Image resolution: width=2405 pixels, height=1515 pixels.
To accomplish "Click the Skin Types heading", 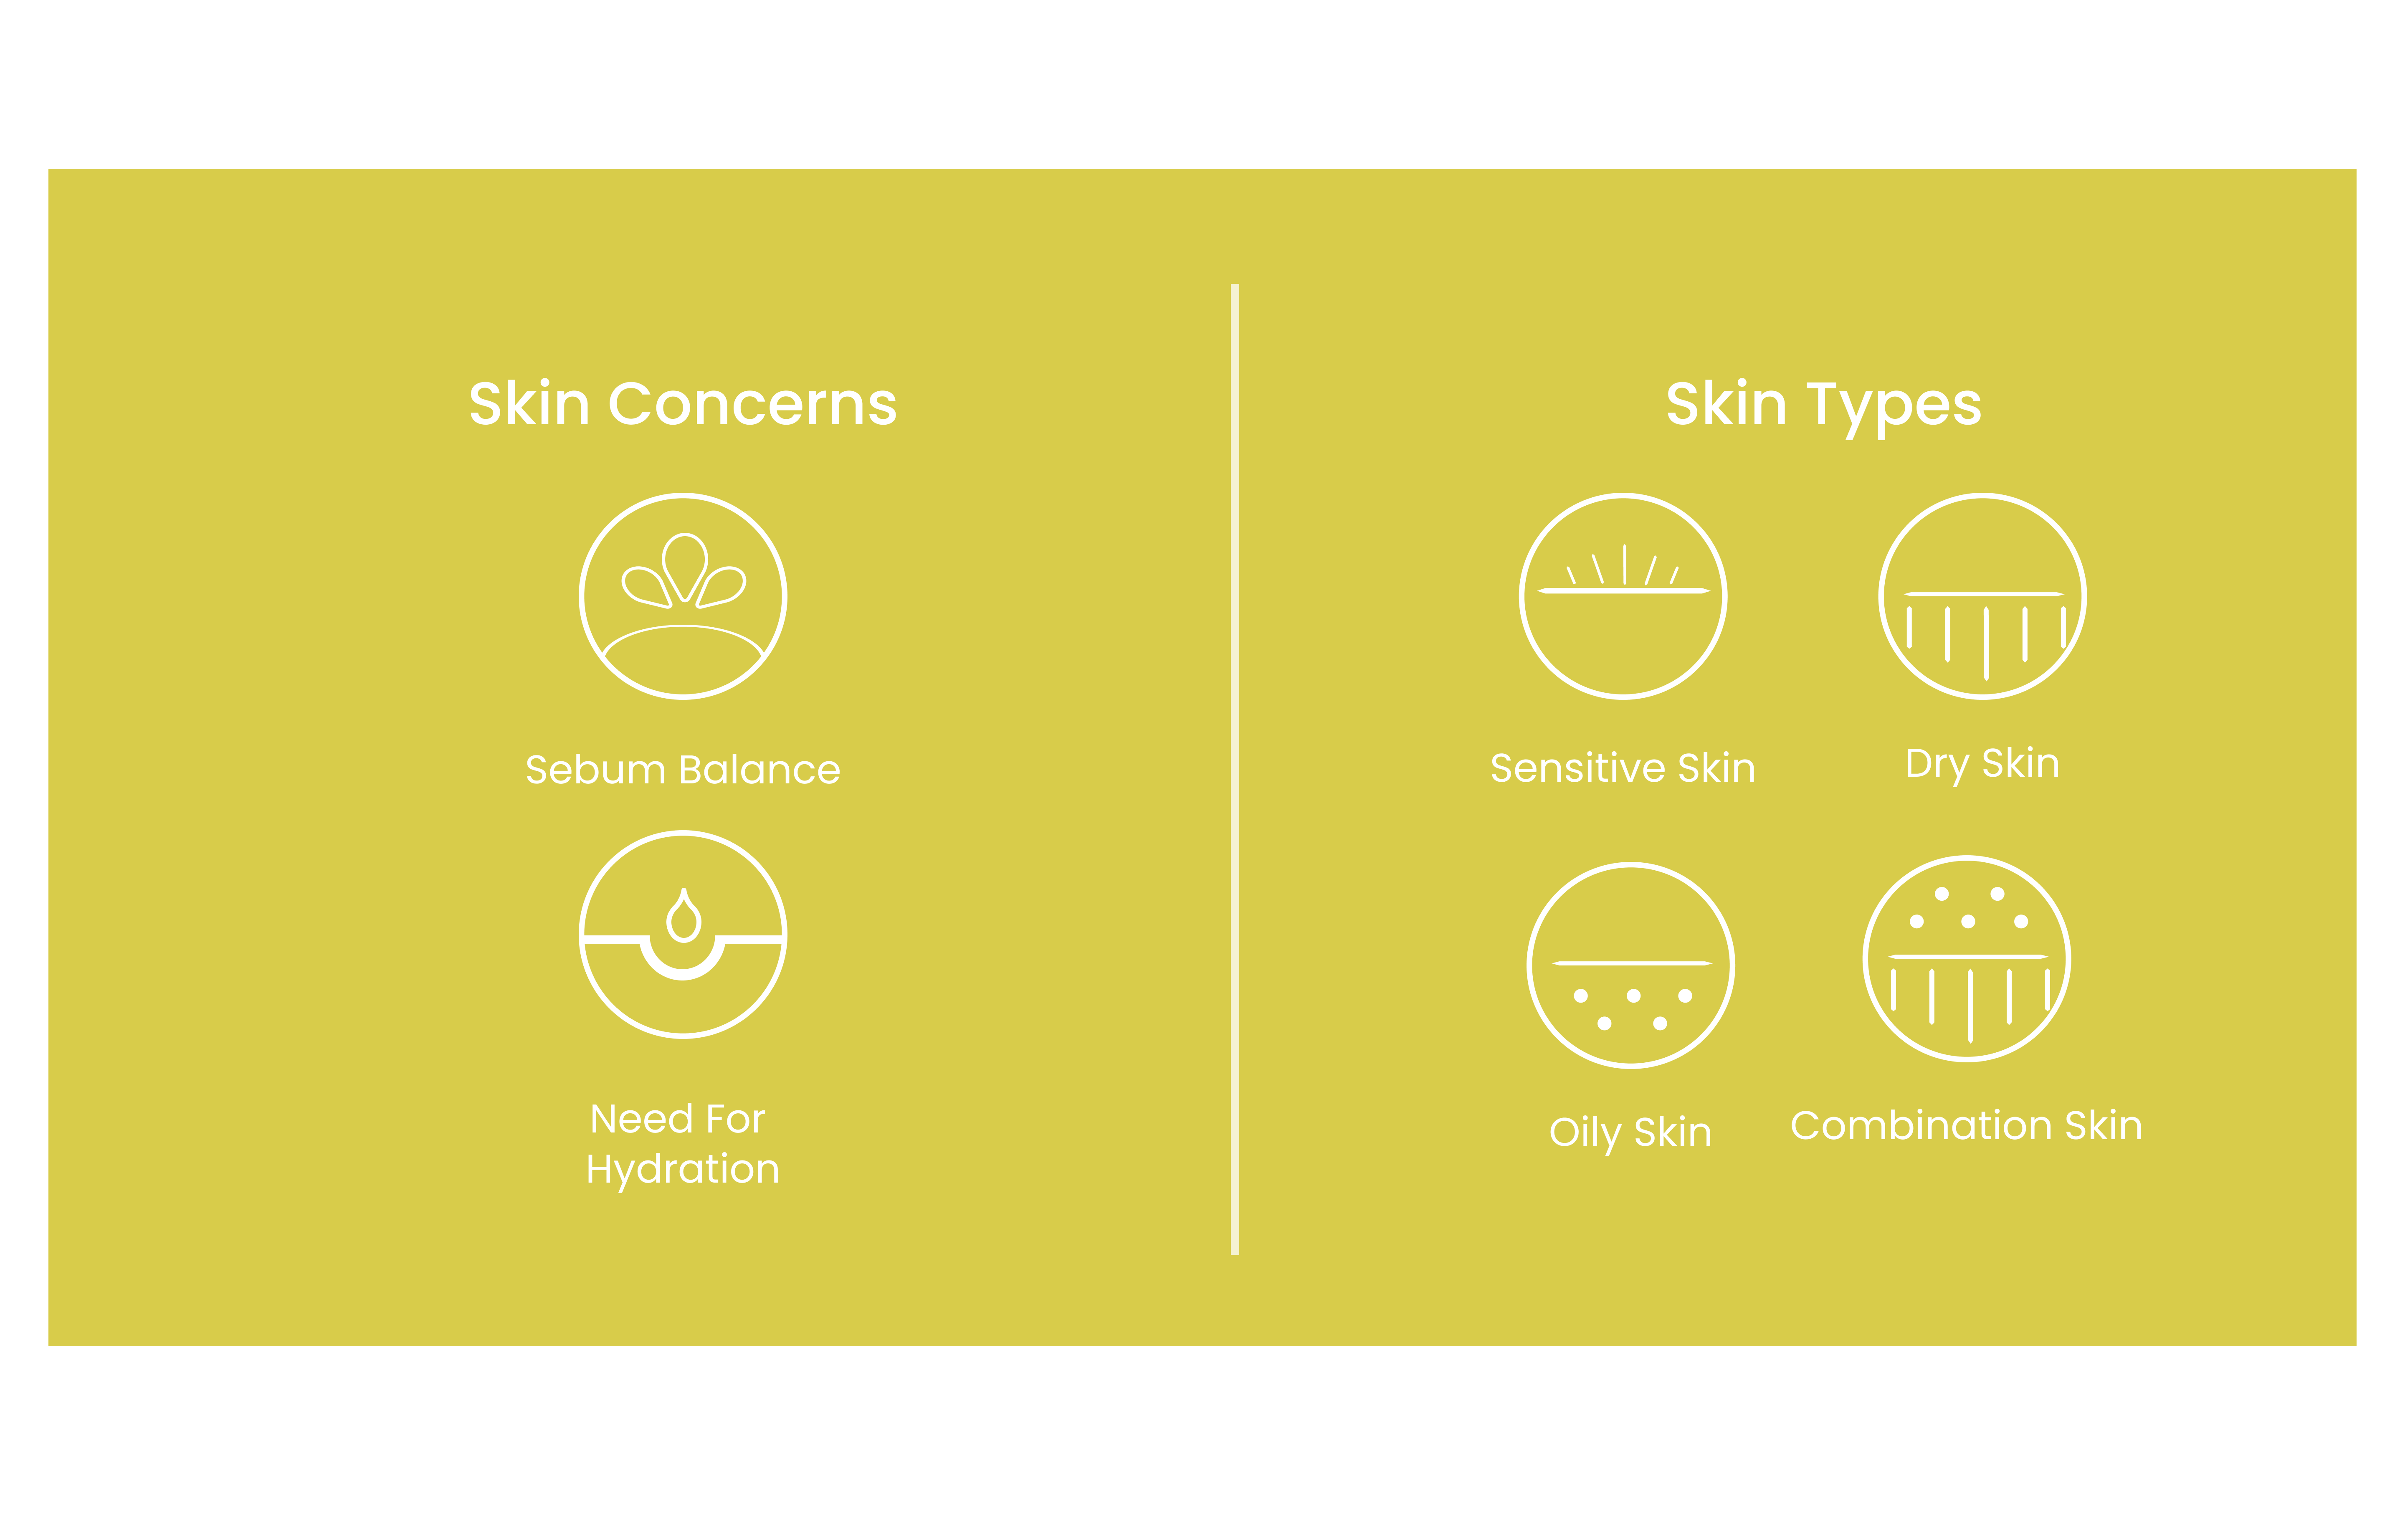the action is click(1824, 406).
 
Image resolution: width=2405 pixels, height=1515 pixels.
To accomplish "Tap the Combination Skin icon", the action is click(1967, 959).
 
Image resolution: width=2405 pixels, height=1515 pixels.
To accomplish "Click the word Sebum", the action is click(595, 770).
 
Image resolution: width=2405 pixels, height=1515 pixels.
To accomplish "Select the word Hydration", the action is click(683, 1170).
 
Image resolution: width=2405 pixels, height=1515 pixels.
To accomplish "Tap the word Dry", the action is click(1937, 765).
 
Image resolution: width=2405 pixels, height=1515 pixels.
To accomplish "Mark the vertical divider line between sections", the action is click(1235, 769).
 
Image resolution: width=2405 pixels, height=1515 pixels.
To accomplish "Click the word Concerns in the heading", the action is click(753, 405).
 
